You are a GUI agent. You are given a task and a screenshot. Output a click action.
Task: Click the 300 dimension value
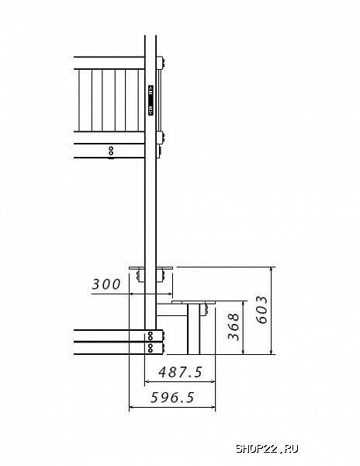tap(106, 284)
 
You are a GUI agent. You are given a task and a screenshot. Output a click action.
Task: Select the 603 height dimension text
tap(261, 309)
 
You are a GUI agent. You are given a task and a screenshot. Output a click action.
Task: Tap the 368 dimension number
tap(234, 326)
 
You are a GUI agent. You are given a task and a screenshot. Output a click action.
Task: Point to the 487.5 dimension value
tap(180, 372)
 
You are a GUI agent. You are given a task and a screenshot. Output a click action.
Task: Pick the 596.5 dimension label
tap(172, 398)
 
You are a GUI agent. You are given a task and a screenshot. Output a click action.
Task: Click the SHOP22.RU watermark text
tap(267, 449)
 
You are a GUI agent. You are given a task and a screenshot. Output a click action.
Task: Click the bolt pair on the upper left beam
tap(111, 151)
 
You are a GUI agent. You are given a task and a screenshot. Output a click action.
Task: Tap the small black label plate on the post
tap(151, 100)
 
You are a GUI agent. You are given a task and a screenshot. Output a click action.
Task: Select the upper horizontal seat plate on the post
tap(151, 268)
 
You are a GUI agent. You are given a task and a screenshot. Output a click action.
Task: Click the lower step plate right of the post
tap(193, 303)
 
